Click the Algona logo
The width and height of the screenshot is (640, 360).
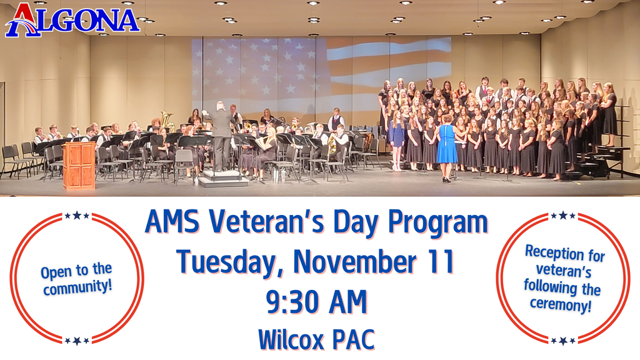point(72,20)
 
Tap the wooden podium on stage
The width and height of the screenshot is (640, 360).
point(79,165)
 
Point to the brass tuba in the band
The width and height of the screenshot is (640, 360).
point(166,120)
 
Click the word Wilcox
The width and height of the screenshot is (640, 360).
point(290,339)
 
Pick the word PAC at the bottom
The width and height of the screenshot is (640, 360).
point(353,339)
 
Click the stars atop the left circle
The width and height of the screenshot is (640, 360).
point(77,216)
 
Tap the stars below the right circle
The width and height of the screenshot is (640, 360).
point(562,341)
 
